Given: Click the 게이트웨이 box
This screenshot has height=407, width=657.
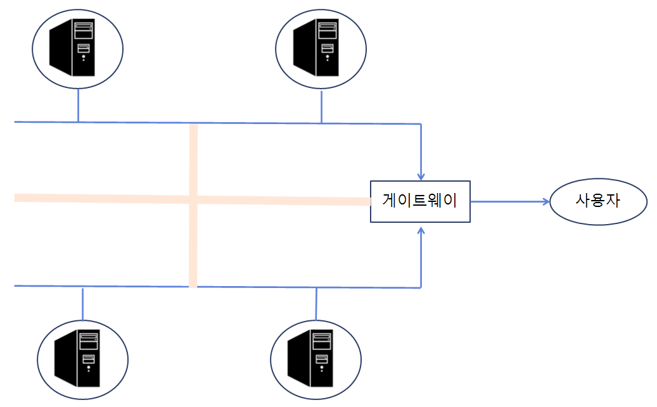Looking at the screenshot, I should (x=420, y=201).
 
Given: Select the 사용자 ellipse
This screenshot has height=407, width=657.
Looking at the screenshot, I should (x=597, y=202).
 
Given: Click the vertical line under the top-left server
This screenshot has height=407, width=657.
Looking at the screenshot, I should (x=78, y=104).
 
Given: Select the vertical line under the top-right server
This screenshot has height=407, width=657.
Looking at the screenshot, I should (x=321, y=106).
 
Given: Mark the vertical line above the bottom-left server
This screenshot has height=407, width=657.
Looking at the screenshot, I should (x=82, y=303).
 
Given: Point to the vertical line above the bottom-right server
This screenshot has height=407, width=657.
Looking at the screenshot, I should (x=316, y=303).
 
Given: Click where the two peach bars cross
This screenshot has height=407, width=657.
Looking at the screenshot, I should (x=193, y=199).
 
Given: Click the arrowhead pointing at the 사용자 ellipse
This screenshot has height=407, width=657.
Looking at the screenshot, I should (x=545, y=202).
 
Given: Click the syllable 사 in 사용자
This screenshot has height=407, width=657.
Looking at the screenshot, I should (x=582, y=201).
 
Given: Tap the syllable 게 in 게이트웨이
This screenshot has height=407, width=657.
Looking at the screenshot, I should (x=390, y=201).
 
